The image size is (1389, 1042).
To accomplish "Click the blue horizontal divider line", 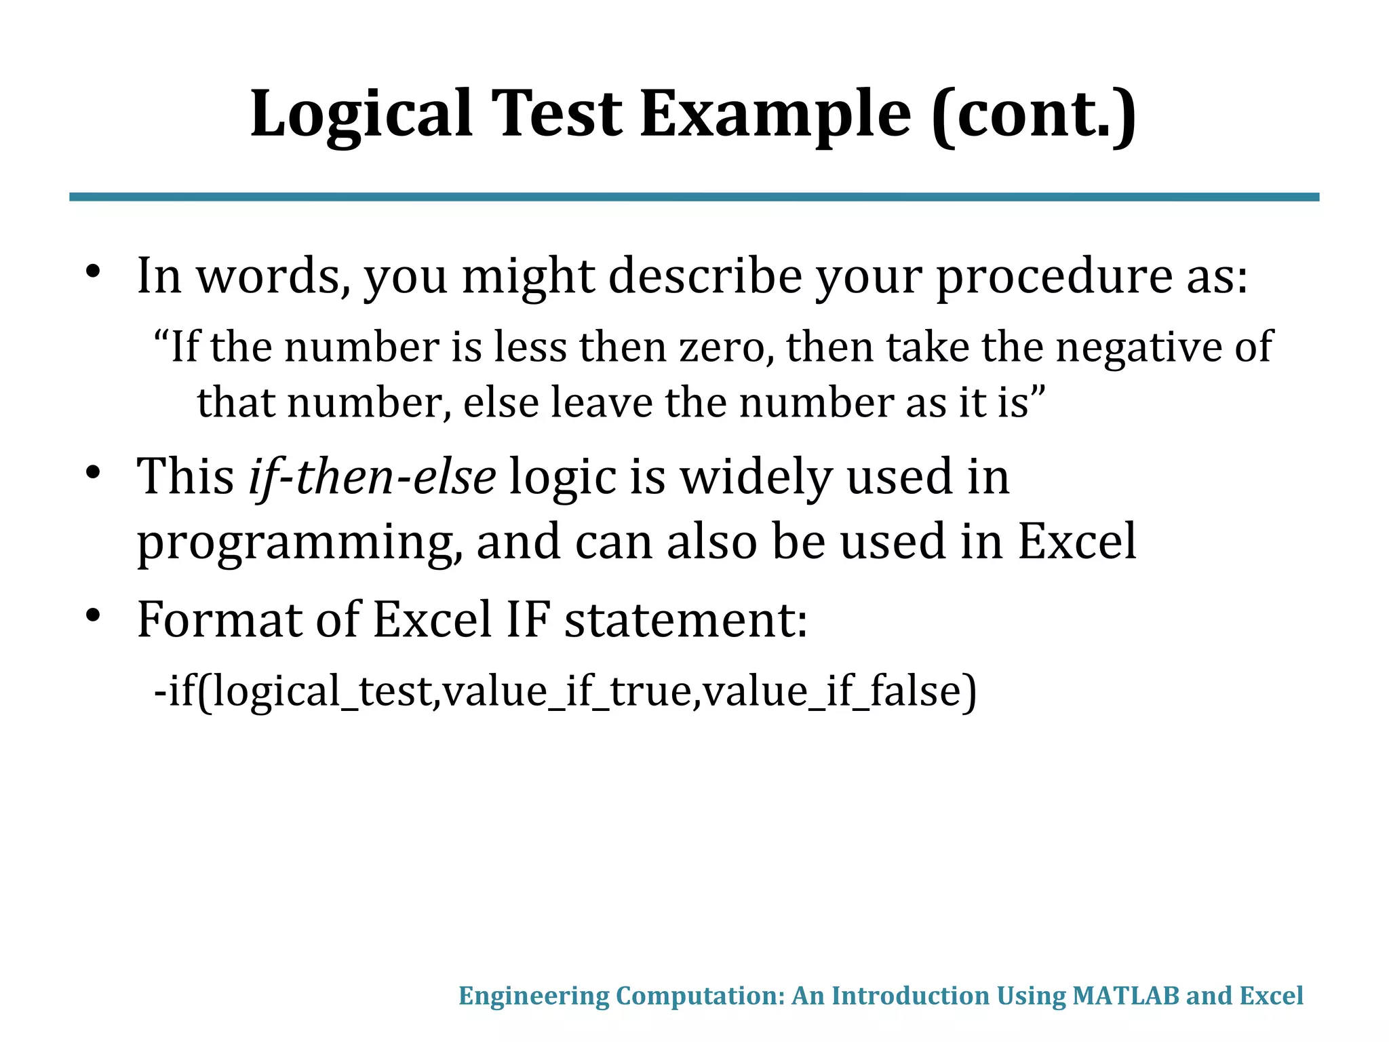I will pos(694,197).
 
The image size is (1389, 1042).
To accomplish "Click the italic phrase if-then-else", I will pos(372,477).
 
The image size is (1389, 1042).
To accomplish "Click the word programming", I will pos(299,543).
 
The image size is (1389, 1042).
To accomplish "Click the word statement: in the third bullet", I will pos(686,619).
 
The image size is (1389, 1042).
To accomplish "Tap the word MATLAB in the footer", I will pos(1125,996).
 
